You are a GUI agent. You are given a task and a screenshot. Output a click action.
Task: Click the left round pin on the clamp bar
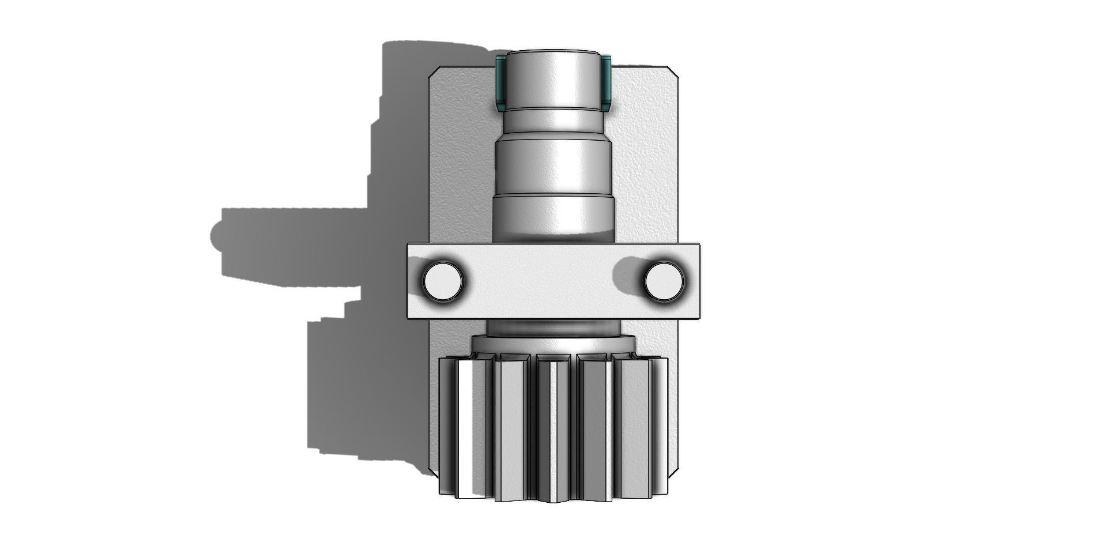click(443, 281)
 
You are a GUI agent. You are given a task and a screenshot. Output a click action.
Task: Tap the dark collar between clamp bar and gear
click(553, 329)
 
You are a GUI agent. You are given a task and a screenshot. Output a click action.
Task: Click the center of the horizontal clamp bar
click(553, 281)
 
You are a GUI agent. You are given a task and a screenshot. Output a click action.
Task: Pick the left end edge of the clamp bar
click(409, 281)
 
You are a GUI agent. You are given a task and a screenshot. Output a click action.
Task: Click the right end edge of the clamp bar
click(699, 281)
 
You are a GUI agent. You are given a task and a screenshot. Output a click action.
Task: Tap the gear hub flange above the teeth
click(553, 346)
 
